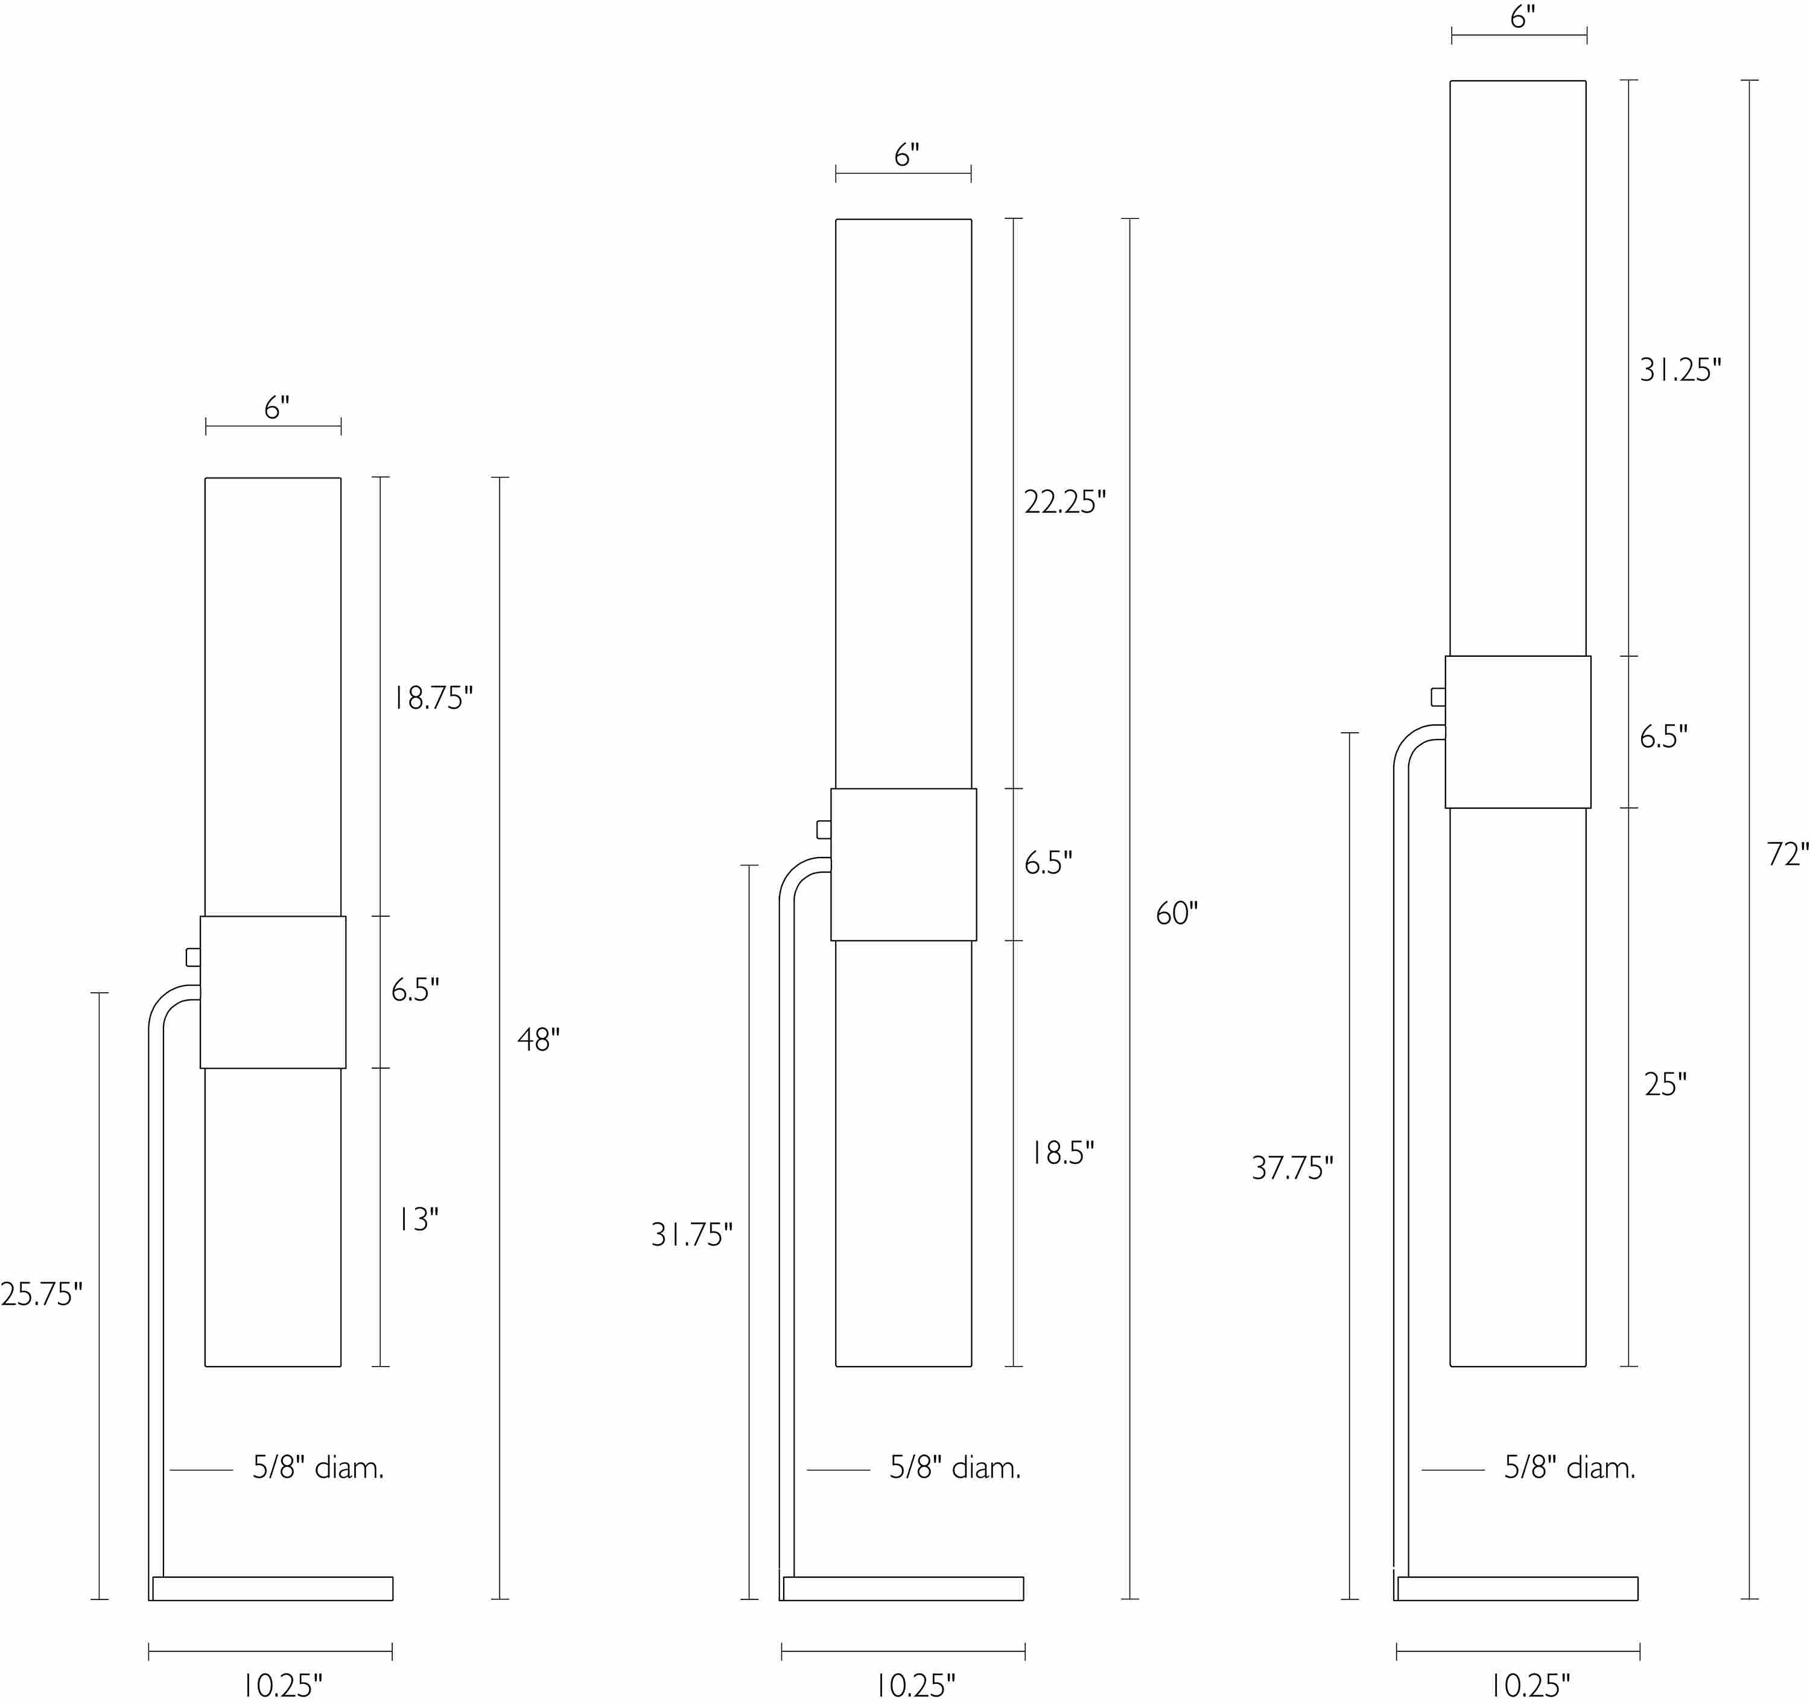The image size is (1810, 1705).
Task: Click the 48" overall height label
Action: pyautogui.click(x=538, y=1040)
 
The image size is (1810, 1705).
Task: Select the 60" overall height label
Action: pyautogui.click(x=1176, y=913)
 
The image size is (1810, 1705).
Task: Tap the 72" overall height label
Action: pyautogui.click(x=1786, y=854)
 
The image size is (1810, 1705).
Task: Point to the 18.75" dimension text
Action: pyautogui.click(x=433, y=698)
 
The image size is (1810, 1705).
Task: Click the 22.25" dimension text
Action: pyautogui.click(x=1064, y=502)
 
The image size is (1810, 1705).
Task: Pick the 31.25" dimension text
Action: pyautogui.click(x=1680, y=370)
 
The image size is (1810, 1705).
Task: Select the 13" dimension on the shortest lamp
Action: pyautogui.click(x=417, y=1220)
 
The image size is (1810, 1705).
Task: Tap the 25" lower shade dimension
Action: pyautogui.click(x=1665, y=1084)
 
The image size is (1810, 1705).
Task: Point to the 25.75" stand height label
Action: pyautogui.click(x=41, y=1294)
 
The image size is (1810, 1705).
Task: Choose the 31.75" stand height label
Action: pyautogui.click(x=691, y=1235)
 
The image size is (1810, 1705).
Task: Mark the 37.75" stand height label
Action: pyautogui.click(x=1292, y=1168)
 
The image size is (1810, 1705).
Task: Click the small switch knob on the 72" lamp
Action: pyautogui.click(x=1438, y=697)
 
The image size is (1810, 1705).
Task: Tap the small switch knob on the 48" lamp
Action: pyautogui.click(x=193, y=957)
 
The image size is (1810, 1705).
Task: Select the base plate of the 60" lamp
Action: pyautogui.click(x=903, y=1589)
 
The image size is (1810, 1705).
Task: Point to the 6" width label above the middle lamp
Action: pyautogui.click(x=906, y=156)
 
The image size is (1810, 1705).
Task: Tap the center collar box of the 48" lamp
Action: pyautogui.click(x=273, y=992)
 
